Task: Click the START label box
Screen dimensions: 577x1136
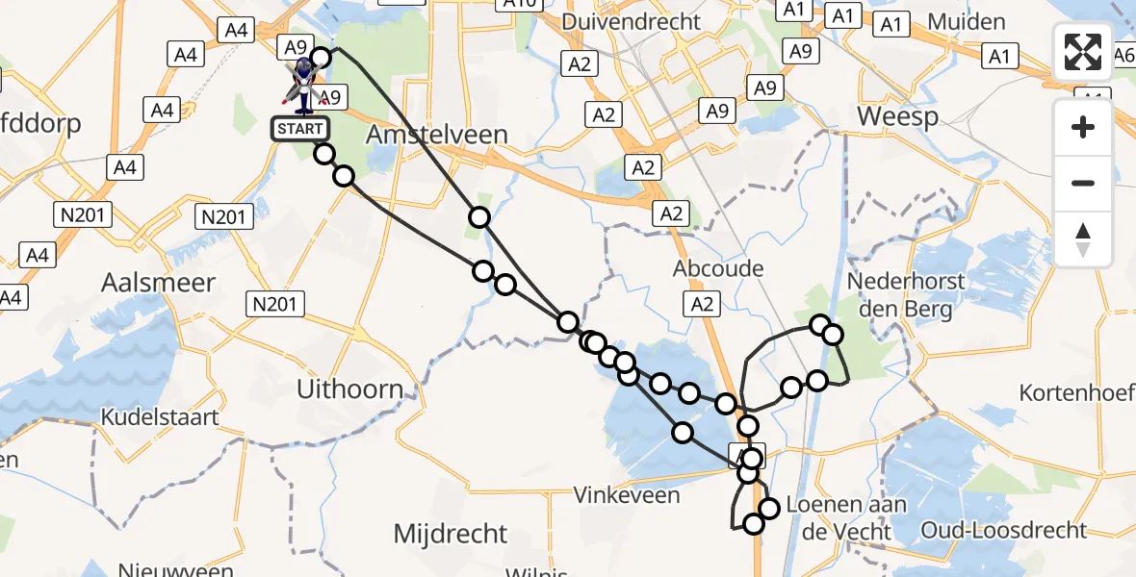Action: click(299, 129)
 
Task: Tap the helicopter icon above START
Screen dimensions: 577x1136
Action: click(304, 81)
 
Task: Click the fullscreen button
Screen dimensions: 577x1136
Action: click(1083, 52)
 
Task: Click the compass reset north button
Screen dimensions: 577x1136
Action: click(1083, 239)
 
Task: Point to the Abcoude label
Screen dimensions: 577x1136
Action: click(719, 269)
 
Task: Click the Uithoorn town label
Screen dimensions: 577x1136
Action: click(349, 389)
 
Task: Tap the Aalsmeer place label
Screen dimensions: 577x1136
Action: click(159, 283)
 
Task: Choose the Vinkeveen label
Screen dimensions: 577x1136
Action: click(627, 496)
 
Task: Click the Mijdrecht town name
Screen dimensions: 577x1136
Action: click(452, 533)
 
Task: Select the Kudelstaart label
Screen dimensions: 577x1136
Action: click(160, 418)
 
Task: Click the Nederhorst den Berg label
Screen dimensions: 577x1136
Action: click(900, 295)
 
